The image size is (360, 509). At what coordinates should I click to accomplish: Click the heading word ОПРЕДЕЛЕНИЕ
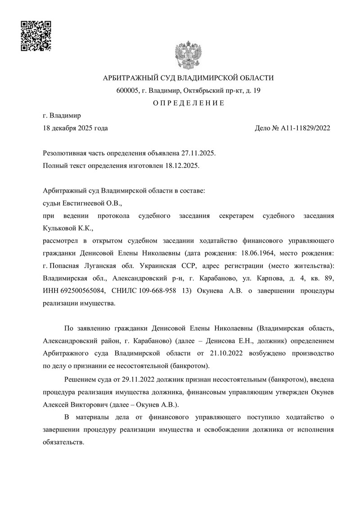188,103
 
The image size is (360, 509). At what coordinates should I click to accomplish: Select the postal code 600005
127,90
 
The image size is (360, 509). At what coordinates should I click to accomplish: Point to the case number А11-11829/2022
306,128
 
